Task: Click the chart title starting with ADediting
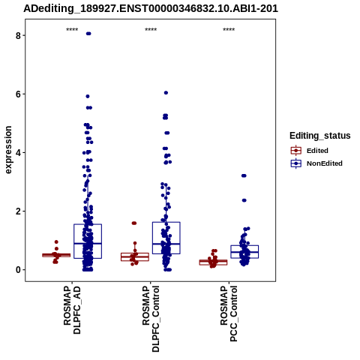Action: click(151, 9)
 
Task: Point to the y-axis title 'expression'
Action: click(8, 150)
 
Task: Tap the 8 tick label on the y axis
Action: click(18, 35)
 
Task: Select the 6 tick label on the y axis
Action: click(18, 94)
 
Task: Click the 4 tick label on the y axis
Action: click(18, 153)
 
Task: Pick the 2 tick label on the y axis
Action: click(18, 211)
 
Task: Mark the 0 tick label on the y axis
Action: click(18, 270)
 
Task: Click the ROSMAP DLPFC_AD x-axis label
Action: click(72, 310)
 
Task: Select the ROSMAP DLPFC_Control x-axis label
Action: click(151, 319)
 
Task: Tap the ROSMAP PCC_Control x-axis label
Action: click(229, 313)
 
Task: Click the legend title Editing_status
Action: click(320, 136)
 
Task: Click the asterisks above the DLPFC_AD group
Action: click(72, 30)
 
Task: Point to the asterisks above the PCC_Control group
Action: click(229, 30)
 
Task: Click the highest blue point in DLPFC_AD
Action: click(88, 34)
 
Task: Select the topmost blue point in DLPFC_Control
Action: click(166, 93)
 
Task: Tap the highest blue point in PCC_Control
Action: click(244, 175)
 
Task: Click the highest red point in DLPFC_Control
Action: click(134, 223)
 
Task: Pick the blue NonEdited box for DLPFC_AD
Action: click(88, 241)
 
